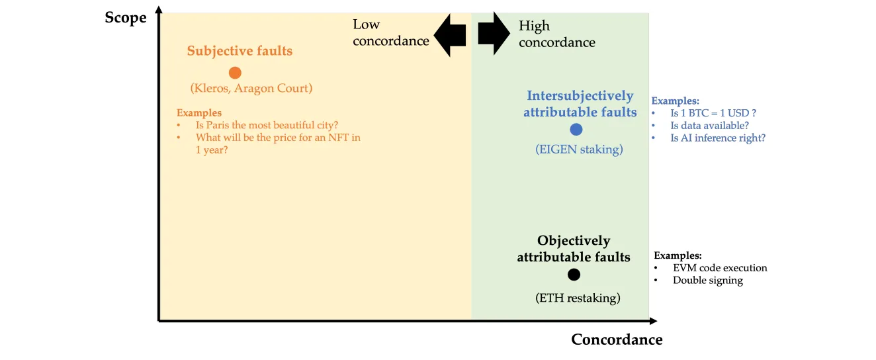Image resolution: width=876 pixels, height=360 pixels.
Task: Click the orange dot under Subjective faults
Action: point(235,73)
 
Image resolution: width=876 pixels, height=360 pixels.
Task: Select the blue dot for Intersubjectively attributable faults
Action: point(576,130)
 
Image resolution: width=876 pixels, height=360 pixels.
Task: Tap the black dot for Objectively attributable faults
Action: point(574,275)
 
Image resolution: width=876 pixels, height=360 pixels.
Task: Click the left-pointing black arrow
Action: point(450,35)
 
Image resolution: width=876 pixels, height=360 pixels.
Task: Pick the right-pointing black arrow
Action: point(494,33)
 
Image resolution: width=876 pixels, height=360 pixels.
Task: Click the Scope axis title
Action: point(126,18)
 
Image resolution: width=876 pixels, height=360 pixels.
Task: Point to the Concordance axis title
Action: point(617,339)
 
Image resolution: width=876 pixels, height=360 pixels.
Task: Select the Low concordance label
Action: point(390,32)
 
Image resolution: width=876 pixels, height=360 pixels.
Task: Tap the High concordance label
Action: point(557,34)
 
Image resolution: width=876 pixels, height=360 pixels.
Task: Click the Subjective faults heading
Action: point(240,51)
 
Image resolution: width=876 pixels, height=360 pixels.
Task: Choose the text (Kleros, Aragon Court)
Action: point(251,88)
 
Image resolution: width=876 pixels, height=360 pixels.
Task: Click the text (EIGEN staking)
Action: point(579,149)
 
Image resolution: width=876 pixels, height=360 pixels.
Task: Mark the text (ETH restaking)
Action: point(578,298)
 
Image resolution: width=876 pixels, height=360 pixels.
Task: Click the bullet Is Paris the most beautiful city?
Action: point(267,125)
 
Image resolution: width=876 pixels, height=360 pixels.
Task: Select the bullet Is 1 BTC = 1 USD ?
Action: point(713,113)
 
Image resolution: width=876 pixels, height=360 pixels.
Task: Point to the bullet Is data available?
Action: point(709,126)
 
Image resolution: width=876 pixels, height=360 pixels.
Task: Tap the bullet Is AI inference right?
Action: point(718,138)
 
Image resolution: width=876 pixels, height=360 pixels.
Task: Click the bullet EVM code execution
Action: point(720,268)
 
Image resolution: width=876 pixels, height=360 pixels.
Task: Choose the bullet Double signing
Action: point(708,281)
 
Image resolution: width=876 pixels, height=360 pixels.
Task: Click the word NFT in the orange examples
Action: point(338,138)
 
